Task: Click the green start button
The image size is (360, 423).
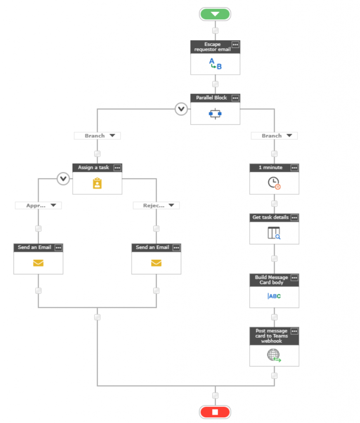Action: [x=215, y=14]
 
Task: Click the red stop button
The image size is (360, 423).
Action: [x=215, y=412]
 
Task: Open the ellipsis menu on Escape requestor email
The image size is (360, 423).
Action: [x=235, y=45]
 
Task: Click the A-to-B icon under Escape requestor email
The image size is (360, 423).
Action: [x=215, y=64]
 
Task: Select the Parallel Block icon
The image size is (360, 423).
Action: [x=215, y=114]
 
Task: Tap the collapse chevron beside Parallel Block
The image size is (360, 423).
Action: [x=181, y=109]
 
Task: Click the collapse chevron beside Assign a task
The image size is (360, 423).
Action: [x=63, y=178]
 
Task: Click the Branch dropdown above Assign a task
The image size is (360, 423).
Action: [x=97, y=135]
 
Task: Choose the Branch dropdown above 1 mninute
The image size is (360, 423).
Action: [x=274, y=135]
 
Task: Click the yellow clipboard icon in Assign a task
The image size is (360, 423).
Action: [x=97, y=183]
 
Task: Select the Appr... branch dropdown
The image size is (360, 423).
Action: [x=38, y=206]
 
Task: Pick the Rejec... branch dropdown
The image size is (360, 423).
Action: [x=156, y=206]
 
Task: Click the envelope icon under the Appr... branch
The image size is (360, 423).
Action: [x=38, y=263]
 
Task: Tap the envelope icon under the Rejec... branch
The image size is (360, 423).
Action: [x=156, y=263]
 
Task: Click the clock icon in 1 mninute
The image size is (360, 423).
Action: [x=274, y=183]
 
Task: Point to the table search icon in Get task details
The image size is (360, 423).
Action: [x=274, y=233]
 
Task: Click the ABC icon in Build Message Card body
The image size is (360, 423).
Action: [x=274, y=296]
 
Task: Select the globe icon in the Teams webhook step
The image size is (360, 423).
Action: [x=274, y=355]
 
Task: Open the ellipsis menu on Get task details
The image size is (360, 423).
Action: [x=294, y=218]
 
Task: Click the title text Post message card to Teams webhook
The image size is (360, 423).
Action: [x=272, y=336]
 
